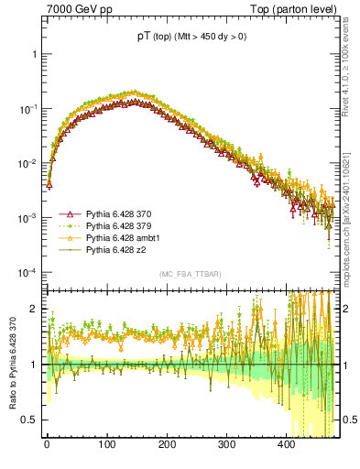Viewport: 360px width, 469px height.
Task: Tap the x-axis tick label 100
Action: point(107,453)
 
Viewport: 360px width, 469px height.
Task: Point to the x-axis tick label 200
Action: point(167,453)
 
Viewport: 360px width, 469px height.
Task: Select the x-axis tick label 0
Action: point(48,453)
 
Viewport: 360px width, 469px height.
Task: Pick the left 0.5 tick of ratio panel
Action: point(29,420)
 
